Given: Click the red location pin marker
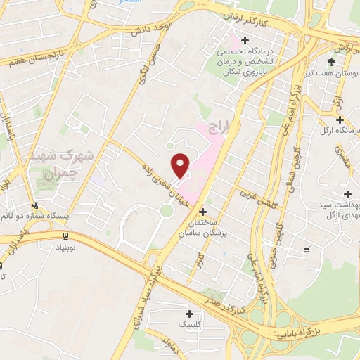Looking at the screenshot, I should pos(181,165).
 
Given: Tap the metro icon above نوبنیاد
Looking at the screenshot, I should pos(65,236).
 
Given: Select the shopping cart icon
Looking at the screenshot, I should pos(306,248).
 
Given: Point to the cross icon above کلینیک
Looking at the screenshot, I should pos(189,314).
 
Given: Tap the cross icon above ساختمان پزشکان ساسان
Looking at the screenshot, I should pos(203,211).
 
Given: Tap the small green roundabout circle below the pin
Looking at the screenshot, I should pos(165,210).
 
